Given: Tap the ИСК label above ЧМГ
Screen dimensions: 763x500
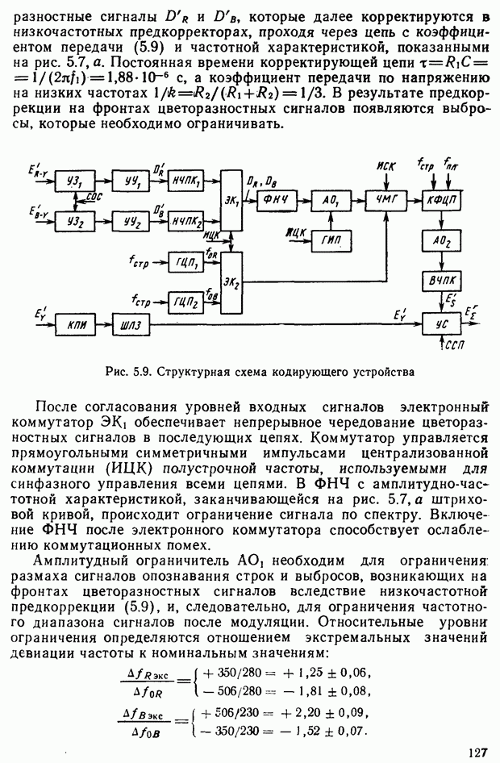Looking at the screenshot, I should click(x=386, y=166).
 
